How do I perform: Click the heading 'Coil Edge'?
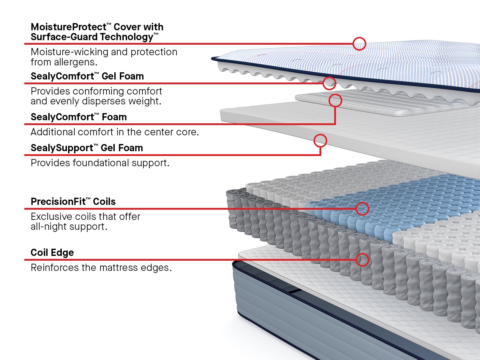click(x=52, y=253)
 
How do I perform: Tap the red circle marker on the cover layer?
click(x=359, y=44)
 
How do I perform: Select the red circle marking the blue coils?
click(x=362, y=208)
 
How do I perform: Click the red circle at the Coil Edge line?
click(x=362, y=259)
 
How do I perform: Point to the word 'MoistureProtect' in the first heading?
click(x=68, y=27)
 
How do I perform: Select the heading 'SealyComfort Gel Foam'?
click(x=87, y=76)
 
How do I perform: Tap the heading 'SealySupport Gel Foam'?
click(x=87, y=148)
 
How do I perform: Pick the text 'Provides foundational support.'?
click(x=100, y=163)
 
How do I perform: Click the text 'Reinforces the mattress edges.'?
click(x=101, y=268)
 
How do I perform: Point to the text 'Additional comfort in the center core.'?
click(x=115, y=132)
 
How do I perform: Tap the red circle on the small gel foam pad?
click(x=335, y=100)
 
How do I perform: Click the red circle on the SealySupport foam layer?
click(x=320, y=140)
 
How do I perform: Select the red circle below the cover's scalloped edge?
click(x=329, y=83)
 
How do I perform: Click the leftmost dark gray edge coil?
click(x=232, y=210)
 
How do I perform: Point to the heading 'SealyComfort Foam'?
click(x=79, y=117)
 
